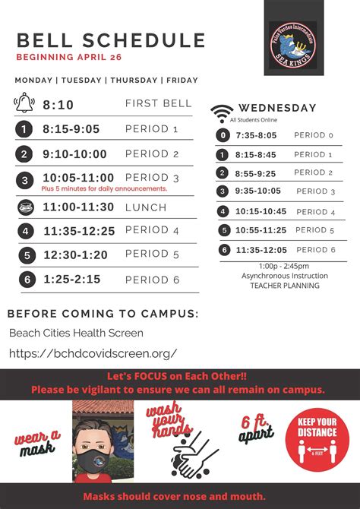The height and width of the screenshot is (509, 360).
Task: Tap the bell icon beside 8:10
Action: [x=24, y=103]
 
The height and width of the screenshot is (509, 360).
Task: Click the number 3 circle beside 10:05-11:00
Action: [x=24, y=180]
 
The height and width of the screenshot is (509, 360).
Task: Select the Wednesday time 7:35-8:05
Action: [x=256, y=136]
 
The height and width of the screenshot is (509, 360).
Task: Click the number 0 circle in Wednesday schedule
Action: [x=223, y=136]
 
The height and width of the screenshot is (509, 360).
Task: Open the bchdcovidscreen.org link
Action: [x=93, y=353]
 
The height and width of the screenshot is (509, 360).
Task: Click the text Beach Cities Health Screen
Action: [x=76, y=334]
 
